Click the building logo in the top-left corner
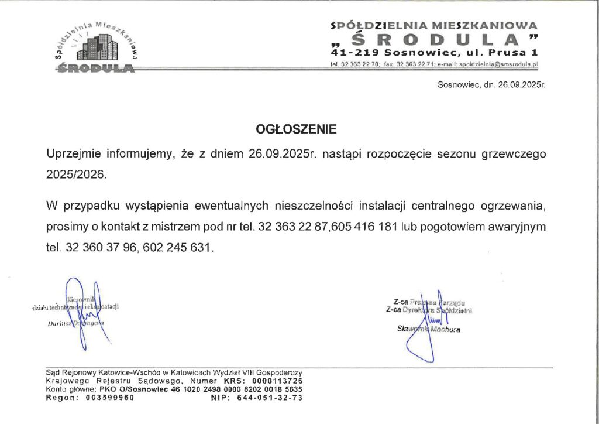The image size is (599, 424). point(97,47)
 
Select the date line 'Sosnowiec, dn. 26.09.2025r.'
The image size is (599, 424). point(491,85)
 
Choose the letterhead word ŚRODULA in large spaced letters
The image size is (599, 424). point(434,39)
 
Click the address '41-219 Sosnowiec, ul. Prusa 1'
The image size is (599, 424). point(434,53)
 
